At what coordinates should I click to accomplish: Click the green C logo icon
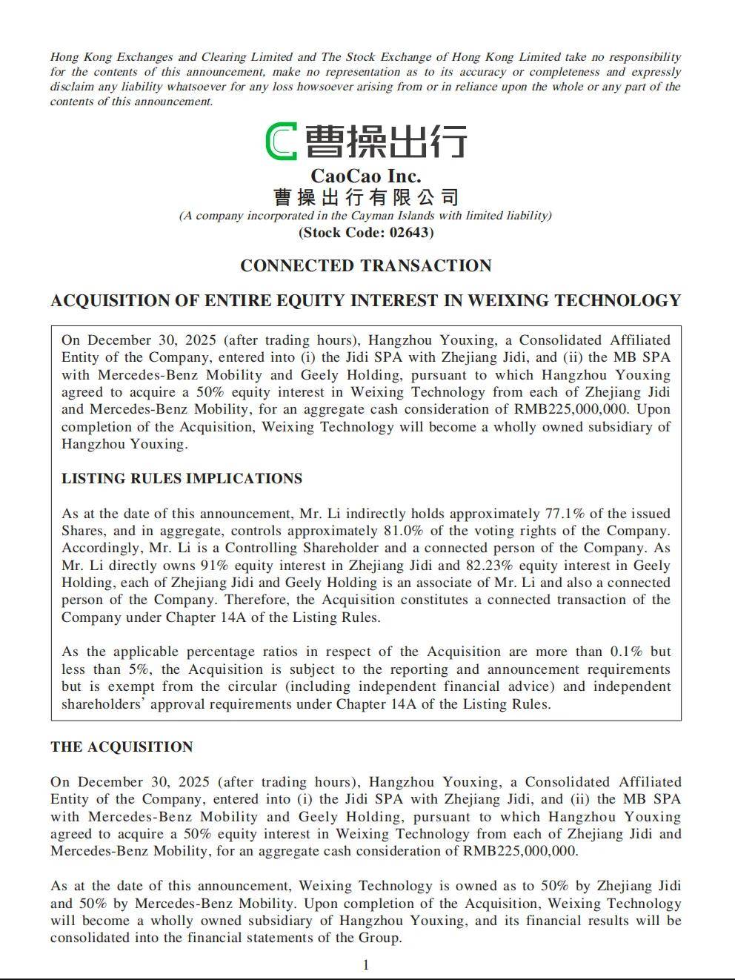282,141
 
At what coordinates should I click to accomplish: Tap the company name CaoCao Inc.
365,176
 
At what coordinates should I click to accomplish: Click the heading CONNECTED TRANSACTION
365,266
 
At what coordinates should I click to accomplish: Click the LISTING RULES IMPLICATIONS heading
182,479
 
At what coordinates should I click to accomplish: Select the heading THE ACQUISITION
122,747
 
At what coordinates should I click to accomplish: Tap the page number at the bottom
365,964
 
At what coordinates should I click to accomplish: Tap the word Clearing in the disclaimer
223,57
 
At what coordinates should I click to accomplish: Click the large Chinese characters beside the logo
386,141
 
